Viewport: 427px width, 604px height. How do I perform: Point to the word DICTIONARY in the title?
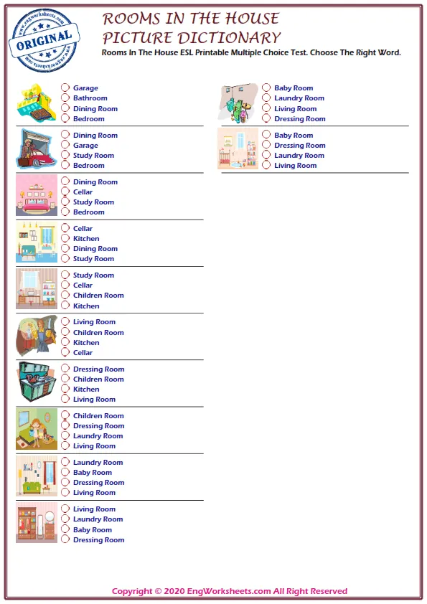(222, 37)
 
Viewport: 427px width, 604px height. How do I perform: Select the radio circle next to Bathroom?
(65, 98)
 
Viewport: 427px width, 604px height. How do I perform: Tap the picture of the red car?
(36, 149)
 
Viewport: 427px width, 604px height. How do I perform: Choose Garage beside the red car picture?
(65, 146)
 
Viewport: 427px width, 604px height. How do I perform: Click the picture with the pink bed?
(36, 196)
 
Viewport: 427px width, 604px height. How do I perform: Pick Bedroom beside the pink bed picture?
(65, 212)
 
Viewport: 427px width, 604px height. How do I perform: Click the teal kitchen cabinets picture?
(36, 382)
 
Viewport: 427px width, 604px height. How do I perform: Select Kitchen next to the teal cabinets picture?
(65, 390)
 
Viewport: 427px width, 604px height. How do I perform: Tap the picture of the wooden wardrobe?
(36, 522)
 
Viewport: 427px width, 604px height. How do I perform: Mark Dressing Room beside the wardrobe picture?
(65, 540)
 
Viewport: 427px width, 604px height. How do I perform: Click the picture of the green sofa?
(36, 476)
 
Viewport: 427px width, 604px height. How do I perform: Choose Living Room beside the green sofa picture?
(65, 493)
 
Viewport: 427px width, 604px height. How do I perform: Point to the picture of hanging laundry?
(238, 103)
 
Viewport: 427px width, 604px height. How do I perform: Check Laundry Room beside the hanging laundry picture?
(266, 98)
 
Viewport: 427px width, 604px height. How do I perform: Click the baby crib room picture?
(238, 149)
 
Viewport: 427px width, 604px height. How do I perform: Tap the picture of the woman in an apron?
(36, 336)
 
